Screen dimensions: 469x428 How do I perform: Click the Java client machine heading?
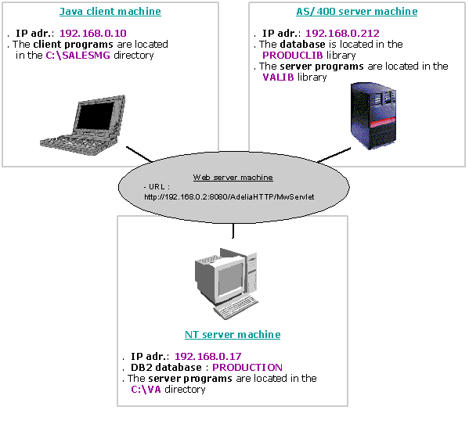coord(110,12)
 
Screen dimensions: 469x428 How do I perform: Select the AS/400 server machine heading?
coord(356,12)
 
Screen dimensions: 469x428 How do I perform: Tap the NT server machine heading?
coord(233,334)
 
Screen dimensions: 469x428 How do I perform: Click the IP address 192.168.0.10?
coord(93,33)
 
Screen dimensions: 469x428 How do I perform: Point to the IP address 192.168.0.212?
coord(342,33)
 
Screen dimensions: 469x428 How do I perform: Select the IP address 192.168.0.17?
coord(208,356)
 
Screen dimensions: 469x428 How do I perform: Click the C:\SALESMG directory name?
coord(78,56)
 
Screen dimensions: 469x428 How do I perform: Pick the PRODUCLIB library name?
coord(292,56)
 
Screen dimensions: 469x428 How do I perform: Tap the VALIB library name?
coord(278,77)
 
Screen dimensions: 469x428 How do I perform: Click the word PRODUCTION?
coord(247,367)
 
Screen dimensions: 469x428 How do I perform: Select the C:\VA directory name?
coord(146,389)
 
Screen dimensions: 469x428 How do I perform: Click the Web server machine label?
coord(233,178)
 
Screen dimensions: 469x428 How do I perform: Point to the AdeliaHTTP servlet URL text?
coord(229,197)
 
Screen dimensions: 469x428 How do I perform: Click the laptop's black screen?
coord(96,115)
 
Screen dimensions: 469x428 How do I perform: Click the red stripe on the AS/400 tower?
coord(383,123)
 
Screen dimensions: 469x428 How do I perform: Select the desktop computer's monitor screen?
coord(230,280)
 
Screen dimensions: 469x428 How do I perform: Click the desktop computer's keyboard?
coord(236,308)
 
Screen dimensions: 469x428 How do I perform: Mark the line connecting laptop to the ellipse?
coord(139,154)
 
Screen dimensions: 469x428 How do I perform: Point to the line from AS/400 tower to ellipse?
coord(334,155)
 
